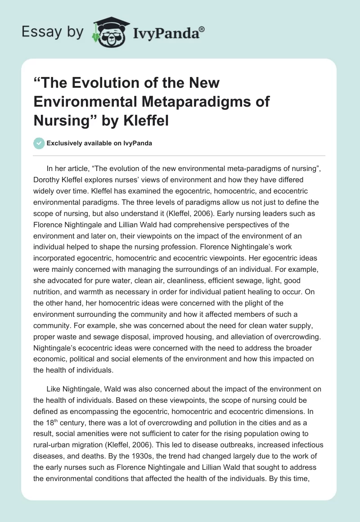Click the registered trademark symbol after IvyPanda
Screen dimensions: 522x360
[x=202, y=29]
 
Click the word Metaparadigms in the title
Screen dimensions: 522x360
[x=192, y=102]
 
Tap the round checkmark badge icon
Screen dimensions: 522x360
[x=39, y=143]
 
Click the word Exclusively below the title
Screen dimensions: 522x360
[x=63, y=143]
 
